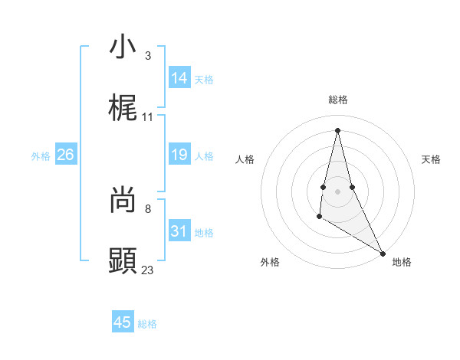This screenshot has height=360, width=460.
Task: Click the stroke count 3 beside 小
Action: [x=147, y=56]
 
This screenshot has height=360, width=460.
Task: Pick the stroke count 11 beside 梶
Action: [x=148, y=117]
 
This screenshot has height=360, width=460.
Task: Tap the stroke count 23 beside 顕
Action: [x=148, y=270]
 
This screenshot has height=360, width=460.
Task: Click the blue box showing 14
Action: [x=179, y=78]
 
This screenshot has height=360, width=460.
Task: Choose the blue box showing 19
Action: [x=179, y=155]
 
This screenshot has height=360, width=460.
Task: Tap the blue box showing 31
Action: [x=179, y=231]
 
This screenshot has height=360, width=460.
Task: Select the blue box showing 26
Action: [x=65, y=155]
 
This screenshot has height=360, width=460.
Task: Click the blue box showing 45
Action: [x=123, y=322]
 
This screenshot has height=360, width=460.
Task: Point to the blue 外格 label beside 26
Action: [x=41, y=156]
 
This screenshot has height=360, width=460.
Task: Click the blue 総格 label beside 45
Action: [x=147, y=324]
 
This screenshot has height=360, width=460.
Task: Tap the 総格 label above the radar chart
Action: [x=338, y=100]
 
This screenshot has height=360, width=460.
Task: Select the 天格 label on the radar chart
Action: [x=431, y=159]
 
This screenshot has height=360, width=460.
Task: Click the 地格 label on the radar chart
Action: [x=402, y=262]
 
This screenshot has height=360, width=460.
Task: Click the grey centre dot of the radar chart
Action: [x=338, y=191]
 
